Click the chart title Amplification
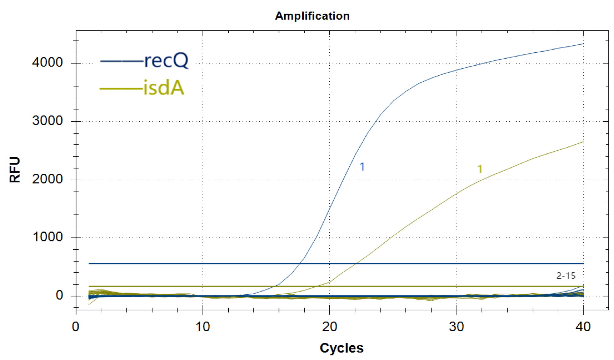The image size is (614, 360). coord(312,16)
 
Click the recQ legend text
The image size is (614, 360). coord(166,61)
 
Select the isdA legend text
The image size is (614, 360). coord(163,88)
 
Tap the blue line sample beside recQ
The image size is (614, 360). coord(121,61)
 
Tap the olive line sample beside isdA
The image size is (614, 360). coord(121,89)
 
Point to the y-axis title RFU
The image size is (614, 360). coord(15,170)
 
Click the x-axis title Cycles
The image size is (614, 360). coord(341,348)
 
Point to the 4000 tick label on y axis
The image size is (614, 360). coord(47,63)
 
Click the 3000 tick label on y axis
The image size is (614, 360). coord(47,121)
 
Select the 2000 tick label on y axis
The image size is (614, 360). coord(47,179)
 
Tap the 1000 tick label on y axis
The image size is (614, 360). coord(47,237)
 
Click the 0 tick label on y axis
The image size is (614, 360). coord(59,295)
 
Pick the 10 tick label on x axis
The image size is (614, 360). coord(202,327)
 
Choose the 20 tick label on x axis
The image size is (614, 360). coord(329,327)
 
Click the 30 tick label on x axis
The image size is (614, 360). coord(456,327)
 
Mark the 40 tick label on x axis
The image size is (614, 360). coord(583,327)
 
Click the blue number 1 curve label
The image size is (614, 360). coord(362,167)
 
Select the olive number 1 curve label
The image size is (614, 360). coord(480,169)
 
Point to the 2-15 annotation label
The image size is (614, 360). coord(566,276)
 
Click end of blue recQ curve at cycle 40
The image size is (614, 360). coord(583,44)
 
